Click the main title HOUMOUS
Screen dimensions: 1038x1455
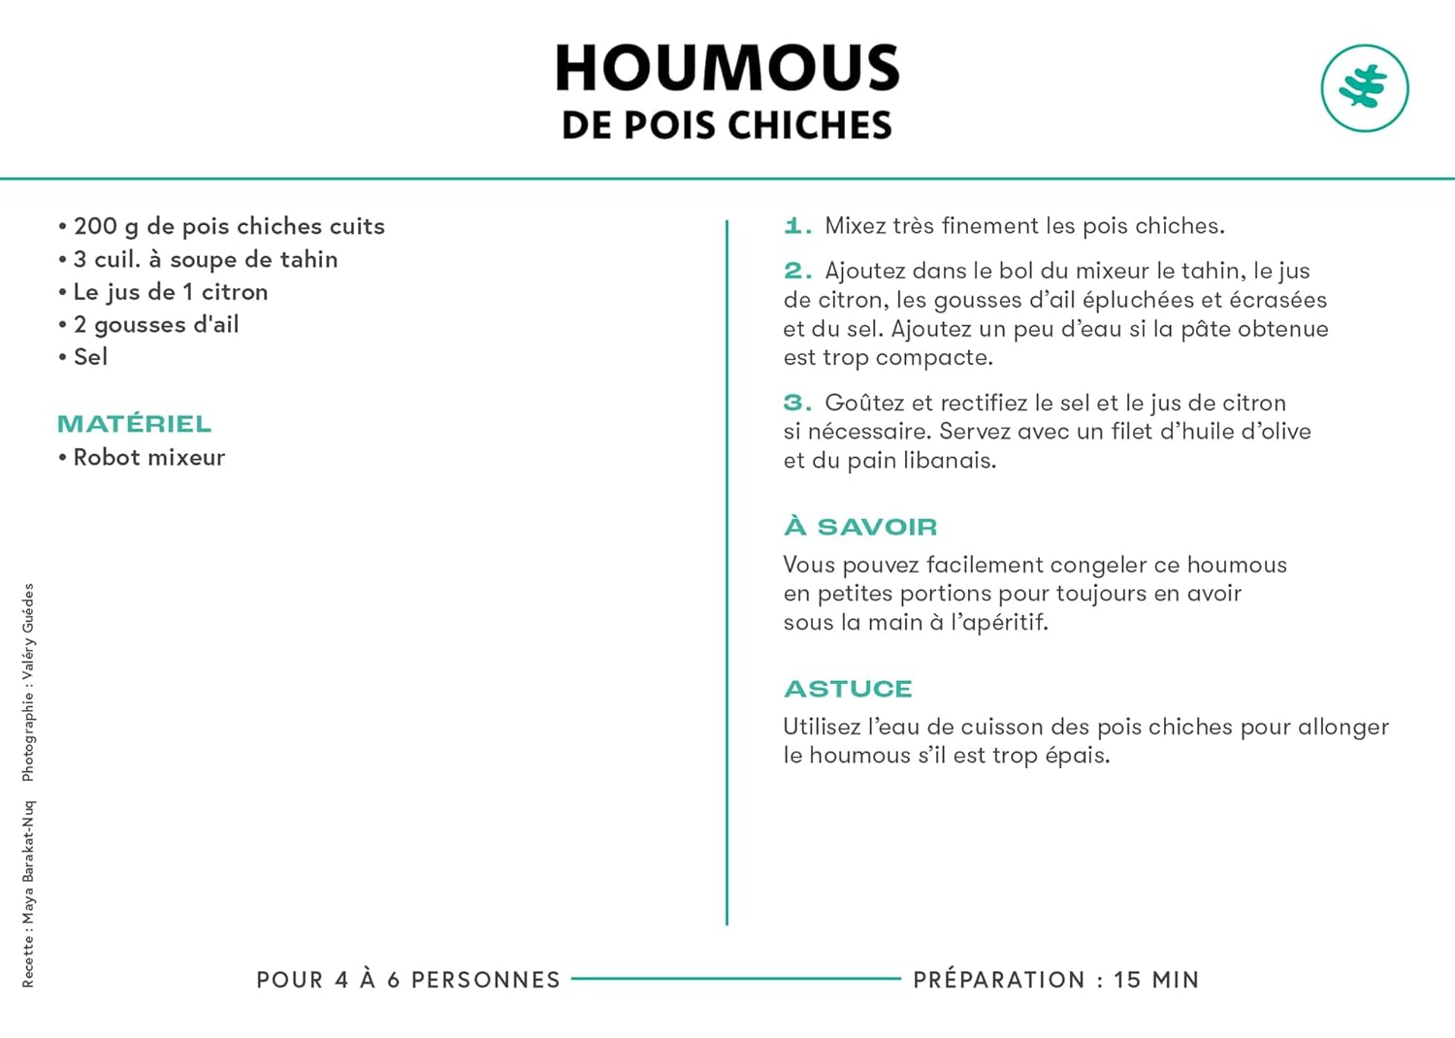tap(727, 68)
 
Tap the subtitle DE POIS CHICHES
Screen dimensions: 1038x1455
tap(727, 125)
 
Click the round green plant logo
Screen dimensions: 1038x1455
tap(1364, 88)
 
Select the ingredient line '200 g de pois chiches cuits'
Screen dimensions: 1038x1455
tap(229, 226)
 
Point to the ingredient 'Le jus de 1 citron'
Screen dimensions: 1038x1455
tap(170, 292)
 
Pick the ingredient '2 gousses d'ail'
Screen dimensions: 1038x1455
tap(155, 324)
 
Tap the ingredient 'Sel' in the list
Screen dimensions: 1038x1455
tap(90, 357)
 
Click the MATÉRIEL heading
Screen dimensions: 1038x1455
tap(134, 424)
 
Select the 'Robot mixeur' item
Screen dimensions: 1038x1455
tap(148, 457)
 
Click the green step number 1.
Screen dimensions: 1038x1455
tap(796, 226)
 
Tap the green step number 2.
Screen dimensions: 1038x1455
tap(796, 271)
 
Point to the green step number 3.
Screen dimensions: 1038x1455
tap(796, 403)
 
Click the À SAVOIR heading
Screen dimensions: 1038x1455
tap(860, 527)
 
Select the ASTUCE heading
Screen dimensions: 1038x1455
tap(848, 689)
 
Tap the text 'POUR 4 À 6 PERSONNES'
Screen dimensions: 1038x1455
tap(408, 980)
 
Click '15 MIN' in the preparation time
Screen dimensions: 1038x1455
tap(1156, 980)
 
